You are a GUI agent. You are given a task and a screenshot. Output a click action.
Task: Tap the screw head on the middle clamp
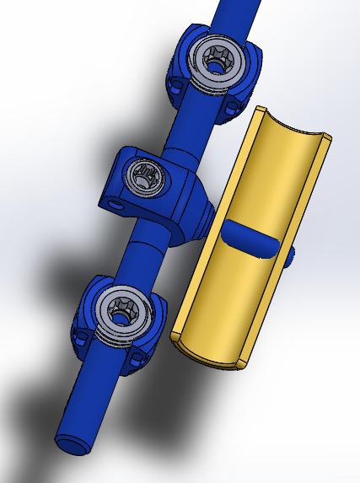[144, 177]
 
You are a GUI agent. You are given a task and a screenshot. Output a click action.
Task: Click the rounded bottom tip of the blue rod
[70, 444]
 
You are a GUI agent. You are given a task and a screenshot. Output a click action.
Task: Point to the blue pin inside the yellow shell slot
[249, 238]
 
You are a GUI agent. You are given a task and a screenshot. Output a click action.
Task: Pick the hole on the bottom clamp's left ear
[85, 337]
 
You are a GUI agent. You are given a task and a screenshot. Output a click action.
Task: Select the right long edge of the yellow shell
[287, 244]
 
